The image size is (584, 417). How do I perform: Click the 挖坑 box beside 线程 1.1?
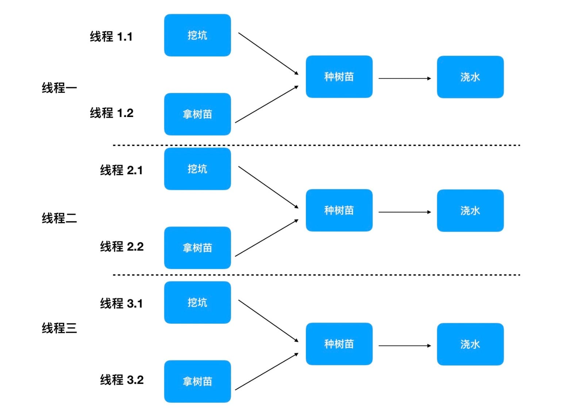point(197,35)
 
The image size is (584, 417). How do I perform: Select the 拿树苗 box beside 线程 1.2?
point(197,114)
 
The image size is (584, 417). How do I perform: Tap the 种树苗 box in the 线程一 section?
point(339,77)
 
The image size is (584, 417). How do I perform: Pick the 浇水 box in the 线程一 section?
point(470,77)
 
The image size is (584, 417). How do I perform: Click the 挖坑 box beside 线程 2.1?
point(197,169)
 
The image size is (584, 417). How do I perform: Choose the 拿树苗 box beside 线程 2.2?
point(197,248)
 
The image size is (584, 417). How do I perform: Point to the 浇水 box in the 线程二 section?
point(470,211)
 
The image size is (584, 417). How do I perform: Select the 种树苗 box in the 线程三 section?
point(339,344)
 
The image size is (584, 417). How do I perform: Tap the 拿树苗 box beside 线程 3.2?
point(197,381)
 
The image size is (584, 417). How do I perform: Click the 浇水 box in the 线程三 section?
point(470,344)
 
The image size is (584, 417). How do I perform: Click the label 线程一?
point(59,88)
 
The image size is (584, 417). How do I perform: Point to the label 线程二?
point(59,218)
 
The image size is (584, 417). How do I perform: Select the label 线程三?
point(59,328)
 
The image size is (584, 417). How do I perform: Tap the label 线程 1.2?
point(112,113)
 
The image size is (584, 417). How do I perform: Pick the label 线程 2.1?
point(121,170)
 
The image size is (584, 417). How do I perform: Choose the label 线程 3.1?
point(121,303)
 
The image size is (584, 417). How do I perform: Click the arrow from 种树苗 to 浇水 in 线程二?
point(404,212)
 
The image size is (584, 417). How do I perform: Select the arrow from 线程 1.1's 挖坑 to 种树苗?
point(268,54)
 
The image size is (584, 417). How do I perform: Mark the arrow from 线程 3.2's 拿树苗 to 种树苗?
point(267,371)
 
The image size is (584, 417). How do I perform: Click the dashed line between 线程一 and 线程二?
point(316,145)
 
